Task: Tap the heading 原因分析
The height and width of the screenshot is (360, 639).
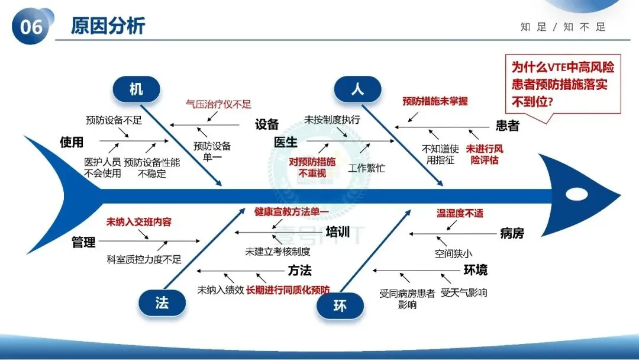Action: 108,26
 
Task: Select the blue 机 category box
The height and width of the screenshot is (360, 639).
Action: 136,89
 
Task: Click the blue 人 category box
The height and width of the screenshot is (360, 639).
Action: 357,89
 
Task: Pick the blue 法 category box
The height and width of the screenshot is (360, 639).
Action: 162,303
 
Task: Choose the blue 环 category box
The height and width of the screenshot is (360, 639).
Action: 340,306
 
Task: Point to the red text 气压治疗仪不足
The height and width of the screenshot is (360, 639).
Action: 218,104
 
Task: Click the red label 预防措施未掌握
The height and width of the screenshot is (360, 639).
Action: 435,101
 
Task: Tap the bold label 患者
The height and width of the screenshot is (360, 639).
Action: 507,126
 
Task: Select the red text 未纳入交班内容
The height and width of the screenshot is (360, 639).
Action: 138,222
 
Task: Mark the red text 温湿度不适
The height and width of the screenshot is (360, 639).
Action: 460,213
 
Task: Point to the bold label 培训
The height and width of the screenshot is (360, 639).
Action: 338,232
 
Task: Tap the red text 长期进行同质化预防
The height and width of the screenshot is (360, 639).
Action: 288,290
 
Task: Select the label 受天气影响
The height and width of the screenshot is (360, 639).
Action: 464,292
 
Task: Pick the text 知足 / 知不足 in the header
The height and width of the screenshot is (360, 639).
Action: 563,27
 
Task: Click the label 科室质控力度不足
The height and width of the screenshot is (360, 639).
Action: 144,259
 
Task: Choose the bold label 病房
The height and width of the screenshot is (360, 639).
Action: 512,233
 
